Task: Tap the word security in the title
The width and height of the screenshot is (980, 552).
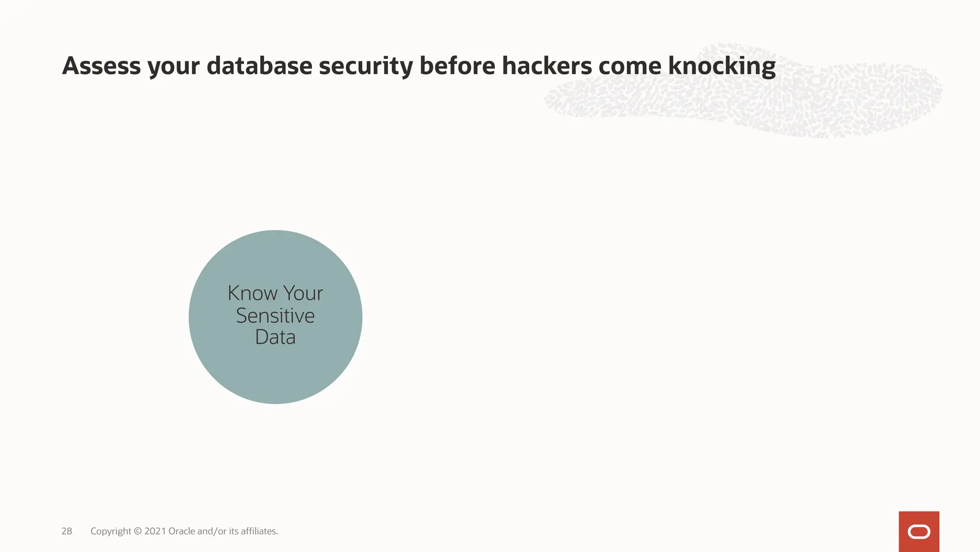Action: (x=366, y=67)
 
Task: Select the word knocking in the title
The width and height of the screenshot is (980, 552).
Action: (x=722, y=67)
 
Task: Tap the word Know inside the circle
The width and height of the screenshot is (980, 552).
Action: (x=252, y=293)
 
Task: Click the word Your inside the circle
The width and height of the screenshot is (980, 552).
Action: (x=303, y=293)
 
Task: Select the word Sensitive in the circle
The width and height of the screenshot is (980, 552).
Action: (x=275, y=316)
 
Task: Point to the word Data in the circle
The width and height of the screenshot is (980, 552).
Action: (x=275, y=337)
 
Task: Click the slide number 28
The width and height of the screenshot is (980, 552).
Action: (x=67, y=531)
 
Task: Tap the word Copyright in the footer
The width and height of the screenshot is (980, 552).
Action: (x=111, y=531)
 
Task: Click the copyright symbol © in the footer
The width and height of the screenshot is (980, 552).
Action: (x=138, y=531)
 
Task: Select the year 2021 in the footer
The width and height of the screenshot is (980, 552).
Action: (x=155, y=531)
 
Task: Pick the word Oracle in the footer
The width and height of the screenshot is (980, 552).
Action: (x=181, y=531)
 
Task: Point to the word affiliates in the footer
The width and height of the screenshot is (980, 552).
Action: (x=259, y=531)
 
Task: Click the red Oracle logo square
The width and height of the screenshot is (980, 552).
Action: (x=919, y=531)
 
